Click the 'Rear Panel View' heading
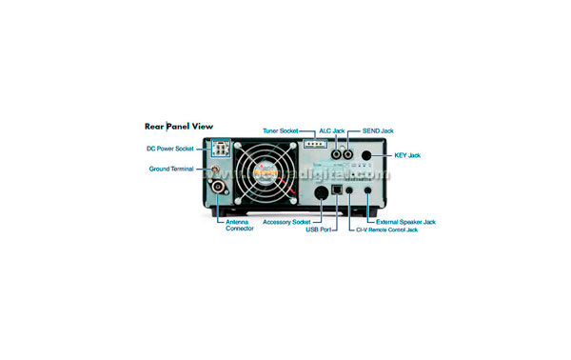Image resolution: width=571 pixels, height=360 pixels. [178, 126]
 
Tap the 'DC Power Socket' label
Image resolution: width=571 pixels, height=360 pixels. [170, 149]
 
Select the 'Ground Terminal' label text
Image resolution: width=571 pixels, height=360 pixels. [171, 169]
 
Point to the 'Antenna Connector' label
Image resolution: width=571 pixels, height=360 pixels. [240, 225]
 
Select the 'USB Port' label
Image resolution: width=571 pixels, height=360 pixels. [319, 230]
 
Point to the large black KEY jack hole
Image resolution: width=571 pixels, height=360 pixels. [366, 154]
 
